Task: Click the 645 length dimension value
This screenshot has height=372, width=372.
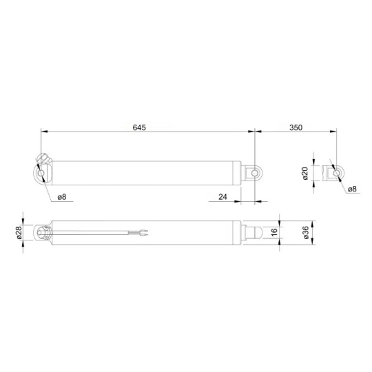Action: click(139, 127)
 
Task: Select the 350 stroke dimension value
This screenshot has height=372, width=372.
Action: click(296, 127)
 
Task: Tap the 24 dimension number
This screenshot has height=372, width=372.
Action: click(223, 197)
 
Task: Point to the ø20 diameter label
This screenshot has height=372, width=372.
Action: click(305, 174)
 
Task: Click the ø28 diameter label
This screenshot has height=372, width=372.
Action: click(19, 233)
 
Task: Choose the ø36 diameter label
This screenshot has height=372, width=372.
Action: click(306, 233)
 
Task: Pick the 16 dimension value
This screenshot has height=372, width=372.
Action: click(273, 232)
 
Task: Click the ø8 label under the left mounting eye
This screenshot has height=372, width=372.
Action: click(62, 196)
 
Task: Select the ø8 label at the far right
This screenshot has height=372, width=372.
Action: click(352, 189)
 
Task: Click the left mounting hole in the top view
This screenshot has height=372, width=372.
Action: click(41, 173)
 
